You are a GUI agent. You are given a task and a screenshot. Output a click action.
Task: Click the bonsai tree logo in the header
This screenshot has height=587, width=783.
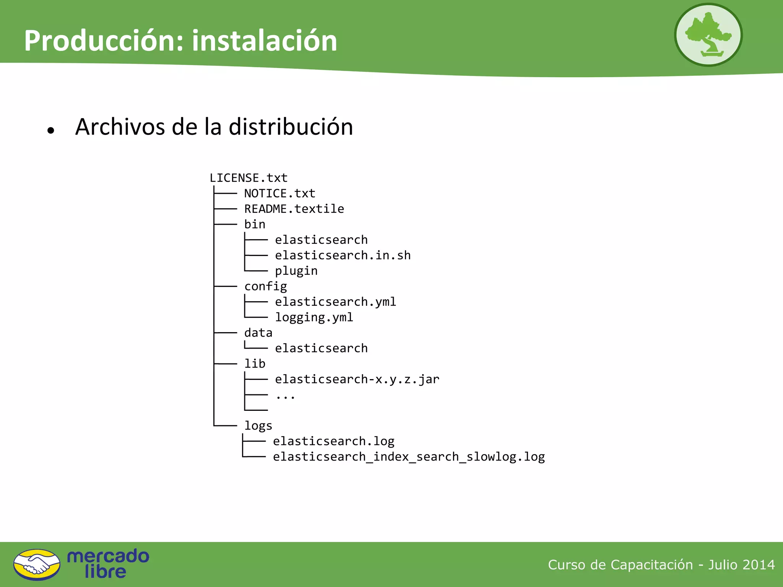click(x=708, y=35)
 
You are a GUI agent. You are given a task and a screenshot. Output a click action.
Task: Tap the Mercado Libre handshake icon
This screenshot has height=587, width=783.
click(x=37, y=564)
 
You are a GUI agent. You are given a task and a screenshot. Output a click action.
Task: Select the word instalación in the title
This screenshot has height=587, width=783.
click(x=265, y=41)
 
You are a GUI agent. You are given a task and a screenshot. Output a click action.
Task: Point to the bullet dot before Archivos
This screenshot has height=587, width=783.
click(x=51, y=131)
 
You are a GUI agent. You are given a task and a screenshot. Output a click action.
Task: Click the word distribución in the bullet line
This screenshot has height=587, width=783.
click(x=291, y=127)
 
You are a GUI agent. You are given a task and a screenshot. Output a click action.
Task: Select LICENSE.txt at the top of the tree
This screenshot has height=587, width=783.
click(x=249, y=178)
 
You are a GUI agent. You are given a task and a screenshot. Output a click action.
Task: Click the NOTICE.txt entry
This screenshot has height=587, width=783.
click(x=279, y=193)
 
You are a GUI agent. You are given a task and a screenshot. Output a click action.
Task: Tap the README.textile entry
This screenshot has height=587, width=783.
click(x=294, y=209)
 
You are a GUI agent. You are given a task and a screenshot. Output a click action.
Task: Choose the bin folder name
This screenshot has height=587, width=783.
click(x=255, y=224)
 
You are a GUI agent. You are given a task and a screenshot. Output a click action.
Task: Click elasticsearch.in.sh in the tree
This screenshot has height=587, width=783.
click(x=343, y=255)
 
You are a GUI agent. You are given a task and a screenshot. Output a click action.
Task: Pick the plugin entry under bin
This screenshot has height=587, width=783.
click(x=296, y=271)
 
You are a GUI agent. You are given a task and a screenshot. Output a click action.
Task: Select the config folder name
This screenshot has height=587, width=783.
click(x=265, y=286)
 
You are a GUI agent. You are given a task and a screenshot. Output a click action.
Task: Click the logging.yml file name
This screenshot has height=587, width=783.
click(x=314, y=317)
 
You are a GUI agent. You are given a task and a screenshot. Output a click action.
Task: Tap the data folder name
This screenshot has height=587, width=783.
click(x=258, y=333)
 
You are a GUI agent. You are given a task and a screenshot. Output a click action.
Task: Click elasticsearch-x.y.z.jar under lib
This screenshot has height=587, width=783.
click(x=357, y=379)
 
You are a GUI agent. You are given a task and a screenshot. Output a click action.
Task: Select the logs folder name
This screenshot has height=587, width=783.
click(x=258, y=426)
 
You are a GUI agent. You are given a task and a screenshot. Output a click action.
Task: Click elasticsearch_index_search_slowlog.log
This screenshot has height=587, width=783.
click(x=409, y=457)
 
